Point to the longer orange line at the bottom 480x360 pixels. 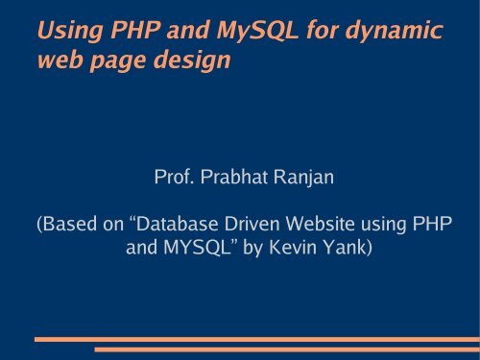(254, 339)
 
